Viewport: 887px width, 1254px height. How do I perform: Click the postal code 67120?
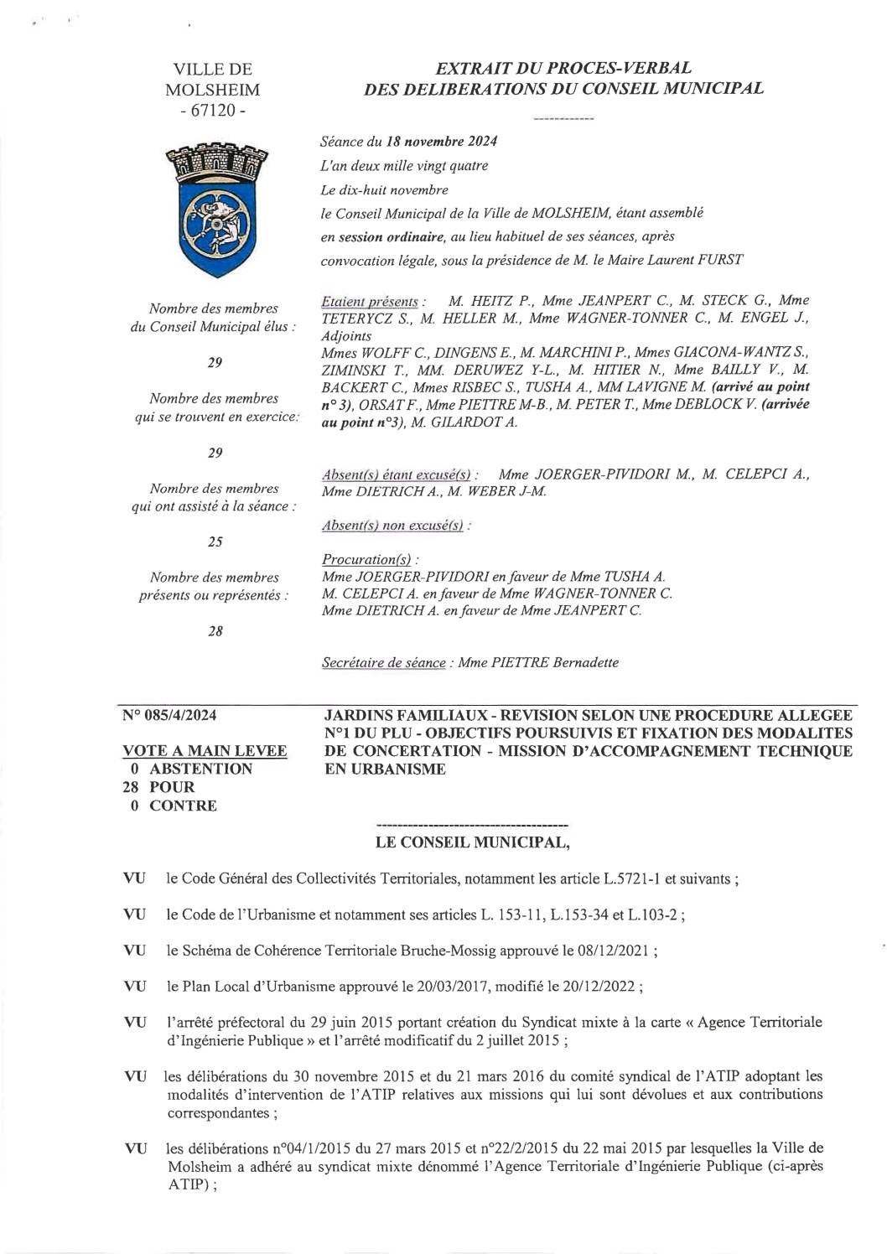pos(212,110)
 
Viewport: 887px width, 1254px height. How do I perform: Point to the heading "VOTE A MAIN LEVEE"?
pos(205,751)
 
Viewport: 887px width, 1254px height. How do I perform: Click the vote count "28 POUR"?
pos(158,787)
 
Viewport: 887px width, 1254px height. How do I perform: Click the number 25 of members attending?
pos(215,542)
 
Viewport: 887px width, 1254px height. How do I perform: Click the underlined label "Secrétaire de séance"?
pos(383,662)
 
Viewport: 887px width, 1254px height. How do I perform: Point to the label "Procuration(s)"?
pos(369,559)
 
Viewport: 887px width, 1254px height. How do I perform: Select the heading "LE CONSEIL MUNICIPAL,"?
pos(474,842)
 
